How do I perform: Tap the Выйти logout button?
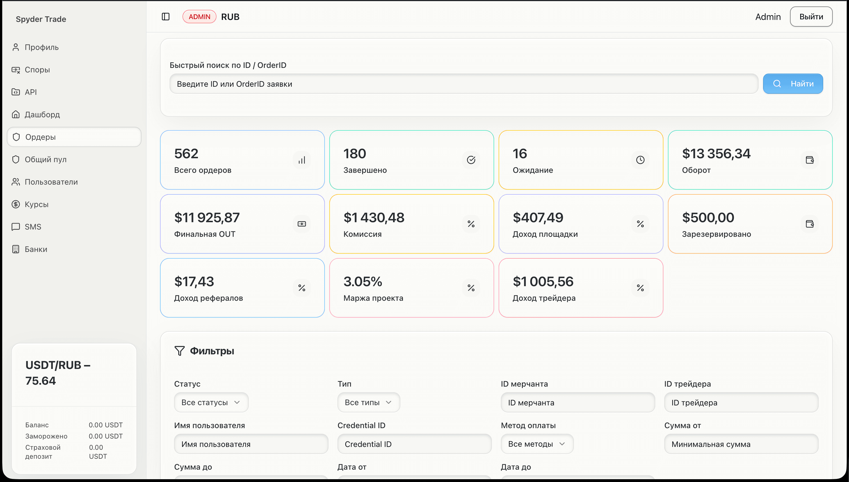pyautogui.click(x=811, y=17)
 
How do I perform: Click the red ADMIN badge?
pyautogui.click(x=199, y=17)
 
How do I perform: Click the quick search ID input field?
pyautogui.click(x=464, y=84)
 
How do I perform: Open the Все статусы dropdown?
pyautogui.click(x=211, y=402)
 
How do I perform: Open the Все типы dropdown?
pyautogui.click(x=369, y=402)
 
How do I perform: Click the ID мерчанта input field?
pyautogui.click(x=578, y=403)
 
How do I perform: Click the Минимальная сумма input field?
pyautogui.click(x=741, y=444)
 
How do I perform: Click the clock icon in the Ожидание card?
pyautogui.click(x=640, y=160)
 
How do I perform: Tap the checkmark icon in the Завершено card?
pyautogui.click(x=471, y=160)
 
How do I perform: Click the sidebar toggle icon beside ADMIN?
pyautogui.click(x=166, y=17)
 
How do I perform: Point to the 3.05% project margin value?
pyautogui.click(x=363, y=282)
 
